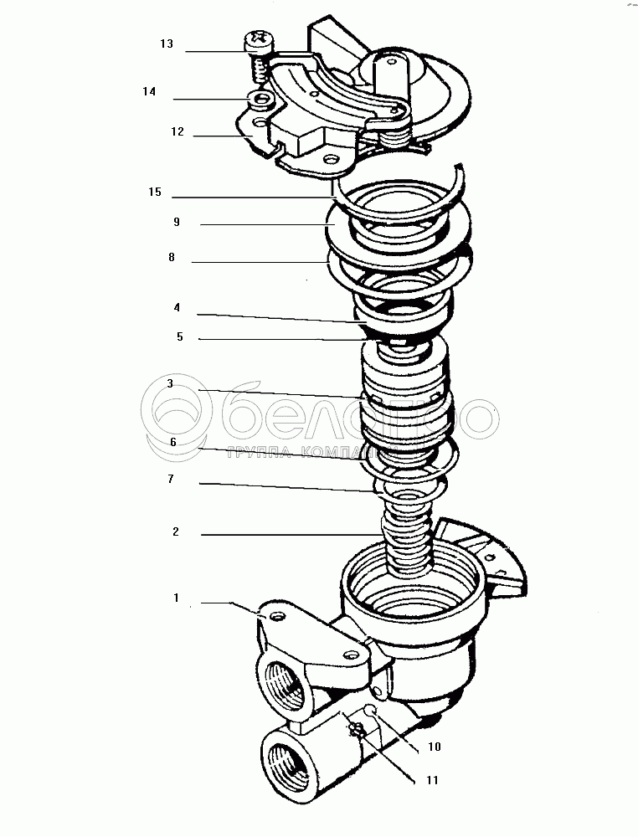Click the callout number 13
167,44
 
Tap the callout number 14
149,91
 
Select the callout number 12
177,131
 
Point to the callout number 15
154,192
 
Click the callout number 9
177,223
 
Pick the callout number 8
171,258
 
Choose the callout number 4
177,307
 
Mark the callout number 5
179,337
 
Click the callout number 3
170,383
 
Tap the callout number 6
172,441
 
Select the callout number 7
171,479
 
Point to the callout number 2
176,531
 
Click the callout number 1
177,598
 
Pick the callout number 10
434,746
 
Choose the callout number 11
432,780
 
